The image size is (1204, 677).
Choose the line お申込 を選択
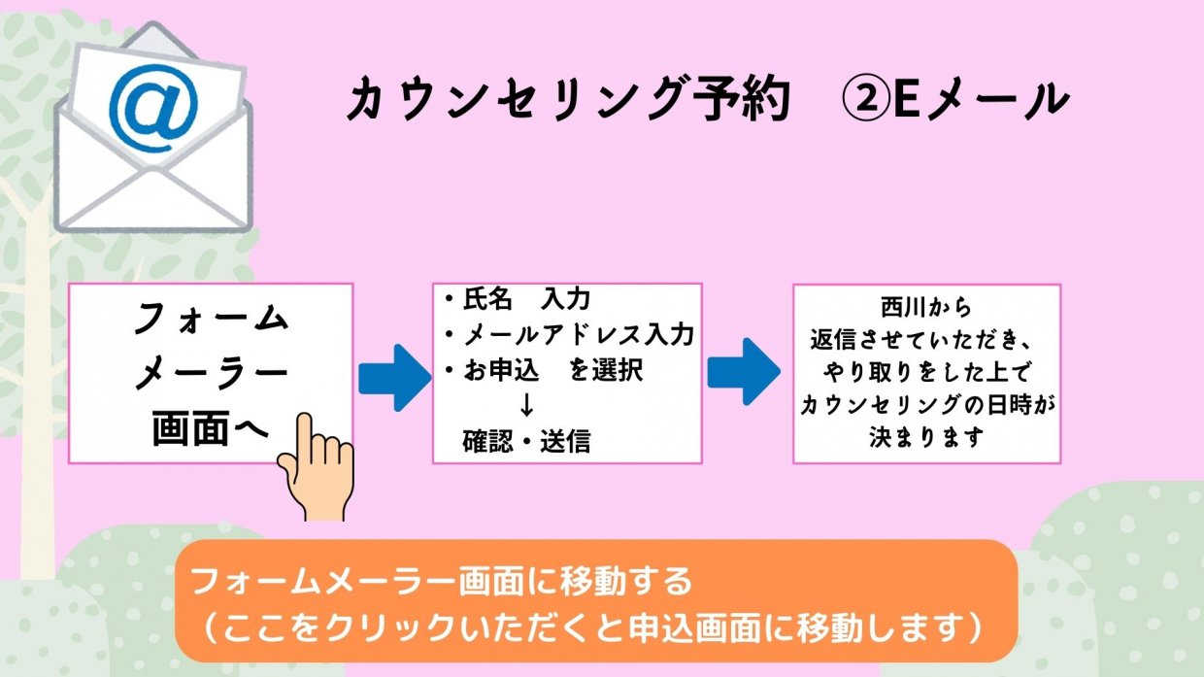(x=543, y=371)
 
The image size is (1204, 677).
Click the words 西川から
(x=925, y=310)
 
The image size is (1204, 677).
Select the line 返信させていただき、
(x=925, y=342)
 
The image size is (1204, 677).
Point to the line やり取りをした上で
(x=925, y=374)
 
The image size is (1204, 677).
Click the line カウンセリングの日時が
(x=925, y=406)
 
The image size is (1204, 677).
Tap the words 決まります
(x=925, y=438)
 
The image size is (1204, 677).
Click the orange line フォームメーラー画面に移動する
(x=442, y=582)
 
